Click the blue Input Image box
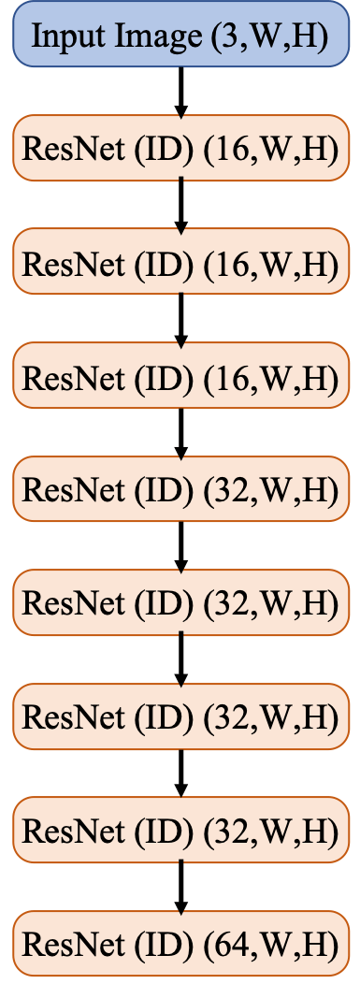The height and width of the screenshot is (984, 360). [x=180, y=37]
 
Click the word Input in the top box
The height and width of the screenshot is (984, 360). [x=65, y=38]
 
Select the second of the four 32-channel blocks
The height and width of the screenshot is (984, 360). [x=180, y=603]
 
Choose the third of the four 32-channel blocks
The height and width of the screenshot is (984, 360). [x=180, y=717]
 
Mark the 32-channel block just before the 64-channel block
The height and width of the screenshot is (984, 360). [x=180, y=831]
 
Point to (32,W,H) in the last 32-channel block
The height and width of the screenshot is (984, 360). [x=271, y=831]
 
